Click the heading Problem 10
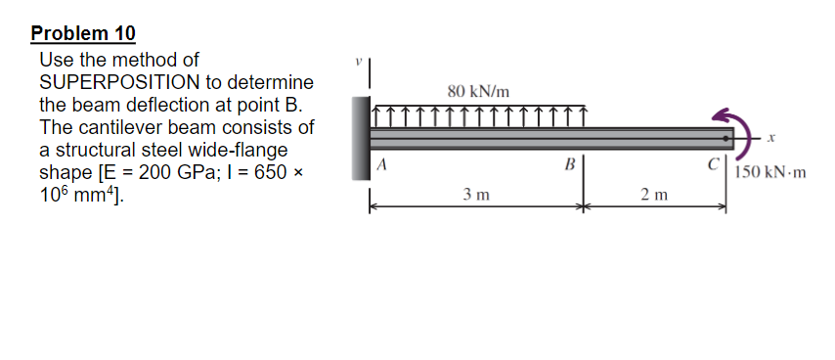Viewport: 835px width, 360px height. [83, 33]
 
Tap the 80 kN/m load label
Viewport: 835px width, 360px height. [478, 91]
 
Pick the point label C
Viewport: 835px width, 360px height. [715, 163]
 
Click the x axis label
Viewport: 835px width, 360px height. [770, 140]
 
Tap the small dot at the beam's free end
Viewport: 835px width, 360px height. [726, 138]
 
